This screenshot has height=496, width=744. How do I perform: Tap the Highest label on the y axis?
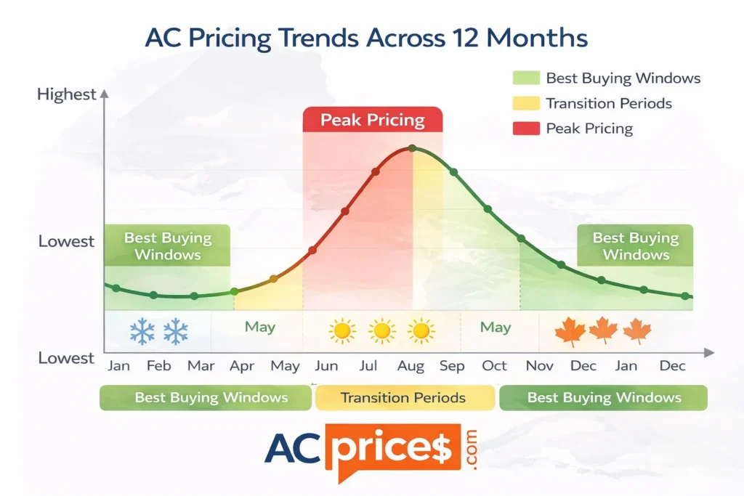[x=66, y=94]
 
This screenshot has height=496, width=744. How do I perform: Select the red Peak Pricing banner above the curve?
[x=372, y=120]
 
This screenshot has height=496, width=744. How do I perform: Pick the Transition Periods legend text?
[x=609, y=103]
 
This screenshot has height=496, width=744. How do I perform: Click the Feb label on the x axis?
[x=158, y=365]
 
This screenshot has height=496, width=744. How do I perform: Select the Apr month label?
[x=241, y=365]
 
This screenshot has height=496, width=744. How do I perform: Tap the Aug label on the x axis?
[x=411, y=365]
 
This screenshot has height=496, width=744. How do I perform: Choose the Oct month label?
[x=494, y=365]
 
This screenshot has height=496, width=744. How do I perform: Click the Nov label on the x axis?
[x=539, y=365]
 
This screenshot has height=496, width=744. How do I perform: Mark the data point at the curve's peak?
[x=412, y=148]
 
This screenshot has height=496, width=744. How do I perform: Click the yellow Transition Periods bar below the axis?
[x=403, y=397]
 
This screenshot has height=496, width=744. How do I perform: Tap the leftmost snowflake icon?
[x=142, y=332]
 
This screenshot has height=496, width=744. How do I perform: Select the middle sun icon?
[x=381, y=331]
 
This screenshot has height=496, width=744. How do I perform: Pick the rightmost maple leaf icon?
[x=637, y=330]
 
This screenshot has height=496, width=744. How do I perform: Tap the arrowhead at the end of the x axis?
[x=710, y=352]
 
